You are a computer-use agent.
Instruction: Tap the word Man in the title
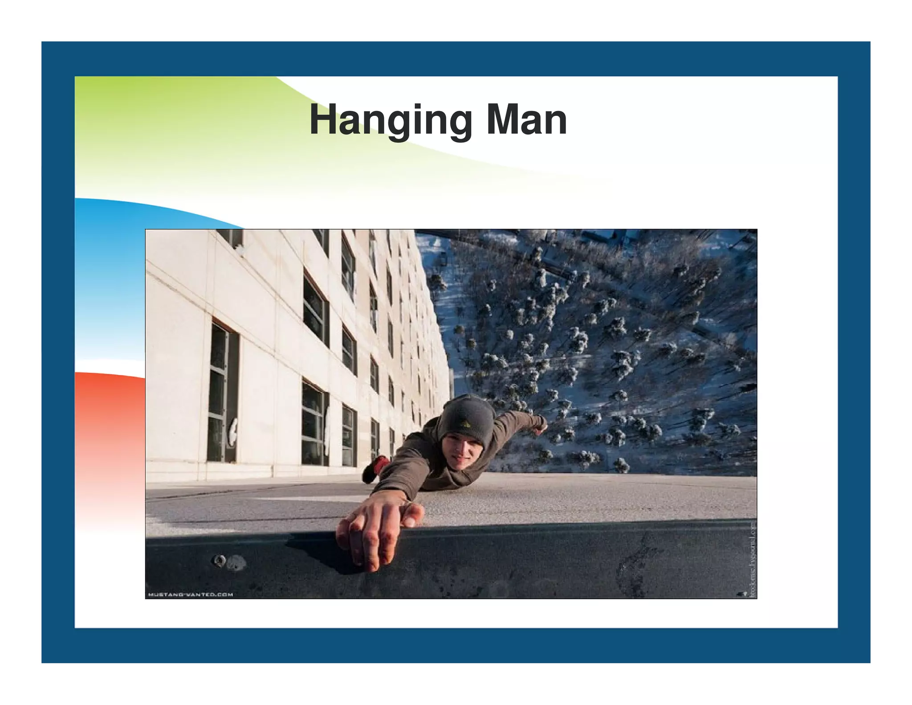[x=526, y=120]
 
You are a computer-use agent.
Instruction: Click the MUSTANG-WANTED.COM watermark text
[x=190, y=594]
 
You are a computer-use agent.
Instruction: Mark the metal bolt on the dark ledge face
[x=220, y=560]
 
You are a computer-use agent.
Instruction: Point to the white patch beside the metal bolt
[x=236, y=563]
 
